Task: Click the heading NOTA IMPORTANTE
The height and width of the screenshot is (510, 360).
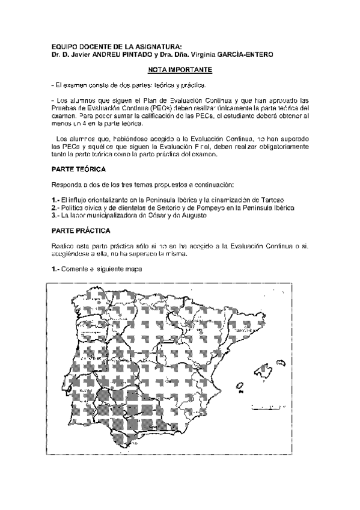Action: click(x=180, y=70)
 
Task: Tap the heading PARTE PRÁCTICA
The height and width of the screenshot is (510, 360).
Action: click(x=81, y=231)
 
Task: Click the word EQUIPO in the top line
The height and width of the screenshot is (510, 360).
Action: click(x=64, y=46)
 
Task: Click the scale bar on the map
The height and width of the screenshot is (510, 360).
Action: click(x=266, y=408)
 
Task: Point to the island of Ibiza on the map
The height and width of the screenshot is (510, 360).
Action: click(x=240, y=385)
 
